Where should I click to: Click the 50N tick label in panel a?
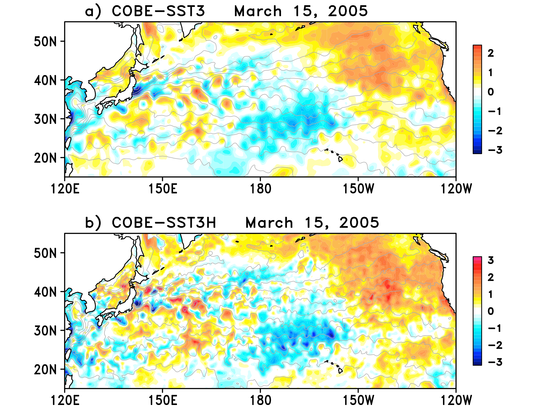(45, 41)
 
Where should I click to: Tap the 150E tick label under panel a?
(163, 189)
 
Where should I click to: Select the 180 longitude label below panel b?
(260, 401)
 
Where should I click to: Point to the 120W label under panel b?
(456, 401)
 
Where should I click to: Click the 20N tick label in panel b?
(45, 370)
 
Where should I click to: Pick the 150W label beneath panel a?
(358, 189)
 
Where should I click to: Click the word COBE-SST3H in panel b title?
(164, 223)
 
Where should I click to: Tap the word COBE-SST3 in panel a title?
(158, 11)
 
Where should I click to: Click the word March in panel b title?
(269, 223)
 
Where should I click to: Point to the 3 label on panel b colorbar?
(491, 260)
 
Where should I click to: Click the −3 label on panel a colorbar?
(495, 150)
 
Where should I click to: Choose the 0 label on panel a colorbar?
(491, 92)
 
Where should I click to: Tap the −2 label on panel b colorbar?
(495, 345)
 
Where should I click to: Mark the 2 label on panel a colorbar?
(491, 53)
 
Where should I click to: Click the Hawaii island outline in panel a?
(340, 159)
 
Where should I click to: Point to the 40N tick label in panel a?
(45, 81)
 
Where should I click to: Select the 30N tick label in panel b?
(45, 331)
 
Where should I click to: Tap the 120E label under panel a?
(65, 189)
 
